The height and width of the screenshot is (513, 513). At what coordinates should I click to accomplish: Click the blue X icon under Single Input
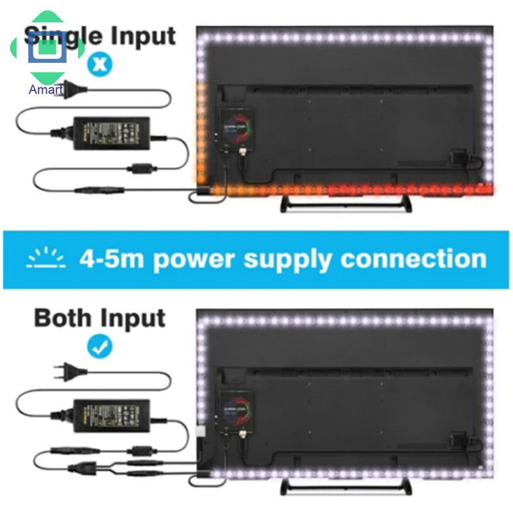pyautogui.click(x=99, y=64)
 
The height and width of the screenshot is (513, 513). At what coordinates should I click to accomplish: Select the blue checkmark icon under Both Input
pyautogui.click(x=99, y=347)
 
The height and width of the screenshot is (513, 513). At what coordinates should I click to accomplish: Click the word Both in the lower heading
pyautogui.click(x=63, y=318)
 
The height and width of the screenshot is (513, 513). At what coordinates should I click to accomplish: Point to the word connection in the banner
pyautogui.click(x=412, y=259)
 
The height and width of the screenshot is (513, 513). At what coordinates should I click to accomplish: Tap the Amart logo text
pyautogui.click(x=46, y=90)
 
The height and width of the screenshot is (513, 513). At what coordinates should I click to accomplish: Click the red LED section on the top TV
pyautogui.click(x=410, y=189)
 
